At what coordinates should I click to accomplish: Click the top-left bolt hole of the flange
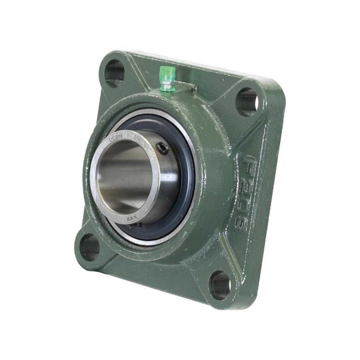pyautogui.click(x=114, y=73)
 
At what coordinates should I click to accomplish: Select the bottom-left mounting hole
pyautogui.click(x=89, y=247)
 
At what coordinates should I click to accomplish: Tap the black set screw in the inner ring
pyautogui.click(x=163, y=149)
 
